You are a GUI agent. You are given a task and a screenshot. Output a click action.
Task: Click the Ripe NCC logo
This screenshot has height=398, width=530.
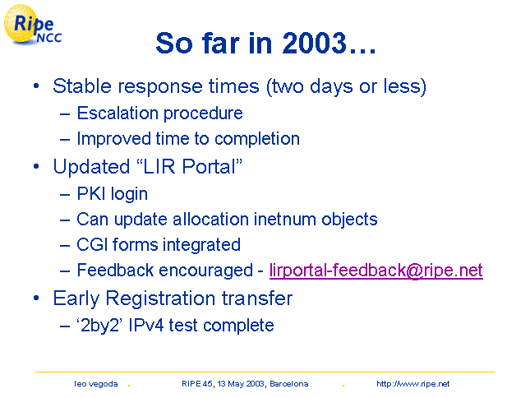click(33, 25)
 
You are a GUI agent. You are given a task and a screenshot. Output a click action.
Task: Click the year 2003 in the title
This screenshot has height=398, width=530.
click(315, 43)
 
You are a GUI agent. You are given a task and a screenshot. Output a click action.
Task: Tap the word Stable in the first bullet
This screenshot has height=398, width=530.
click(82, 86)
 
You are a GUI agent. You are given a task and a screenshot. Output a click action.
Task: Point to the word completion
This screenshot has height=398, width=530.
click(257, 139)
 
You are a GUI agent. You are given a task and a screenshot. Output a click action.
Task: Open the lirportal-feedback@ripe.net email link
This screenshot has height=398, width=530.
click(376, 271)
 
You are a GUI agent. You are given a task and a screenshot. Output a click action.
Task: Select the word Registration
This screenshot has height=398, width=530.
click(160, 298)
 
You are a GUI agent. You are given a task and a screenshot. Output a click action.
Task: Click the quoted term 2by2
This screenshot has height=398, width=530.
click(100, 326)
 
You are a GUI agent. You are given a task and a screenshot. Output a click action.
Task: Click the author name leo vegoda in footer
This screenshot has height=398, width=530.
click(96, 384)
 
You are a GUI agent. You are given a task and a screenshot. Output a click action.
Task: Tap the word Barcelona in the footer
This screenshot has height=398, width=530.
click(289, 384)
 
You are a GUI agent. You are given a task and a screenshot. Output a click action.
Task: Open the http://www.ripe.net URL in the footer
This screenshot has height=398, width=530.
click(412, 384)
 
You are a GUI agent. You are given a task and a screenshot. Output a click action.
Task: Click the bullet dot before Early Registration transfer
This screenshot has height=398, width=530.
click(36, 298)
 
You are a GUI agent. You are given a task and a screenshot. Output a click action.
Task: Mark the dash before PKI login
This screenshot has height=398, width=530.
click(65, 194)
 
